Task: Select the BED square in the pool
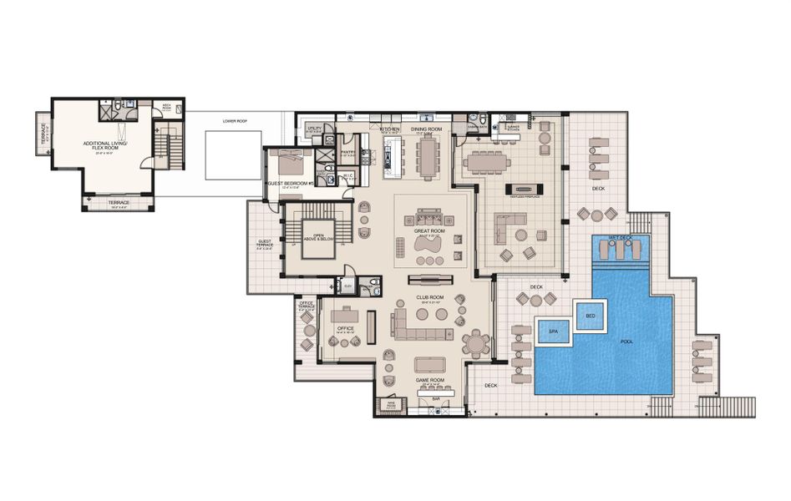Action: (591, 315)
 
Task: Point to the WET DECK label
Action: (621, 238)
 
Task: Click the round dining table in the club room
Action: (476, 342)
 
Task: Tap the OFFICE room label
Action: (345, 328)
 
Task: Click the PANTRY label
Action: (349, 152)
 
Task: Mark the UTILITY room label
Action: (314, 130)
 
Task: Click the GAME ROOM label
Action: (431, 380)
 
